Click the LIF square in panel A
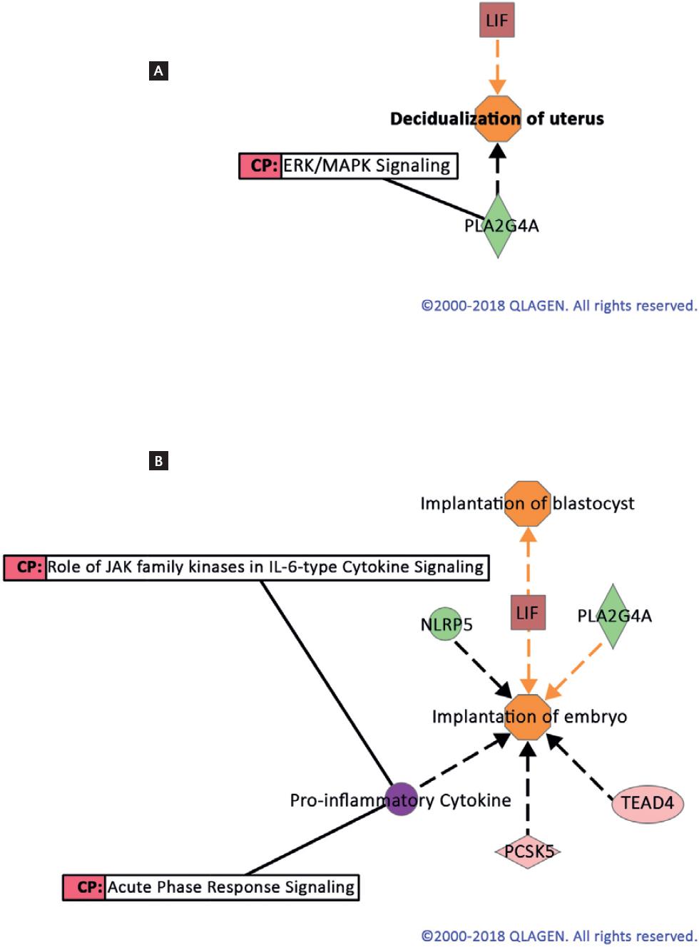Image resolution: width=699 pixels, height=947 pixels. coord(497,21)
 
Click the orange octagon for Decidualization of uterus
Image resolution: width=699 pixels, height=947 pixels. coord(498,119)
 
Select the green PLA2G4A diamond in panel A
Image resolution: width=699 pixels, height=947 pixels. coord(498,226)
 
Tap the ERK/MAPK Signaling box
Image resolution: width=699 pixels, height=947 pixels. coord(348,165)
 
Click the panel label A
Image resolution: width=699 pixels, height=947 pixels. coord(158,71)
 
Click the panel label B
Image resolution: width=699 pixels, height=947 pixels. coord(158,461)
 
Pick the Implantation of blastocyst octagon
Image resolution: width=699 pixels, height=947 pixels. coord(528,503)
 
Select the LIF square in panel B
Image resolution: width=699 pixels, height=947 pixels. coord(528,613)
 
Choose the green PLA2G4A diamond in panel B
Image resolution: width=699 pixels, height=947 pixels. coord(613,616)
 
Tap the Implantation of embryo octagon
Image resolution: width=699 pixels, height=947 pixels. coord(529,717)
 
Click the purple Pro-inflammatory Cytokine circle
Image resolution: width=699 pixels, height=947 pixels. coord(401,799)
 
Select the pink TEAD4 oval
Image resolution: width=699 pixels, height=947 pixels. coord(648,803)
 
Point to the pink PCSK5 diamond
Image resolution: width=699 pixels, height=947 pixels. coord(528,851)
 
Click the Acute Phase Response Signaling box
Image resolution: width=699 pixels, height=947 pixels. coord(211,887)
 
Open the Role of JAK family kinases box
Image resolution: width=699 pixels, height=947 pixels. coord(246,567)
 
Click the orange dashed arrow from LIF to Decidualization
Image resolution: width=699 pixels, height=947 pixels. coord(497,66)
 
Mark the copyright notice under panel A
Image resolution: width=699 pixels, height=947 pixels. coord(558,306)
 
